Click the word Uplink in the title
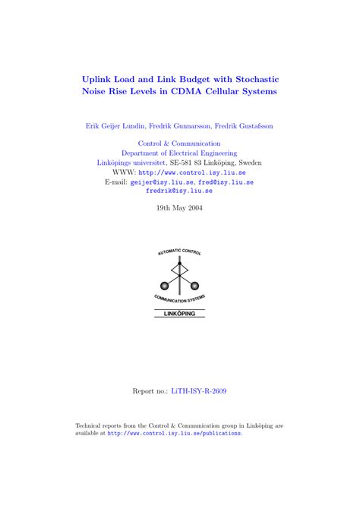pos(99,78)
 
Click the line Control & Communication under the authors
pos(179,143)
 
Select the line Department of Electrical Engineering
pos(179,153)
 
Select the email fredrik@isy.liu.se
pos(179,192)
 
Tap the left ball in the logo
pos(164,286)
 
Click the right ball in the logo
pos(194,286)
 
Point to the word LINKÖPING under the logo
pos(179,312)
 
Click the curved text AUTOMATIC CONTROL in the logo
pos(179,252)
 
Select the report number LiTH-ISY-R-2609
pos(198,391)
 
